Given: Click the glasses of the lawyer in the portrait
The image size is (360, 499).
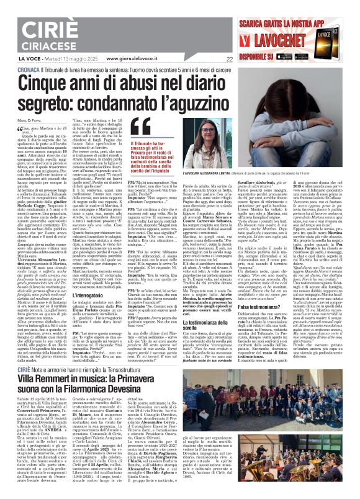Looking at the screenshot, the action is (x=186, y=133).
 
